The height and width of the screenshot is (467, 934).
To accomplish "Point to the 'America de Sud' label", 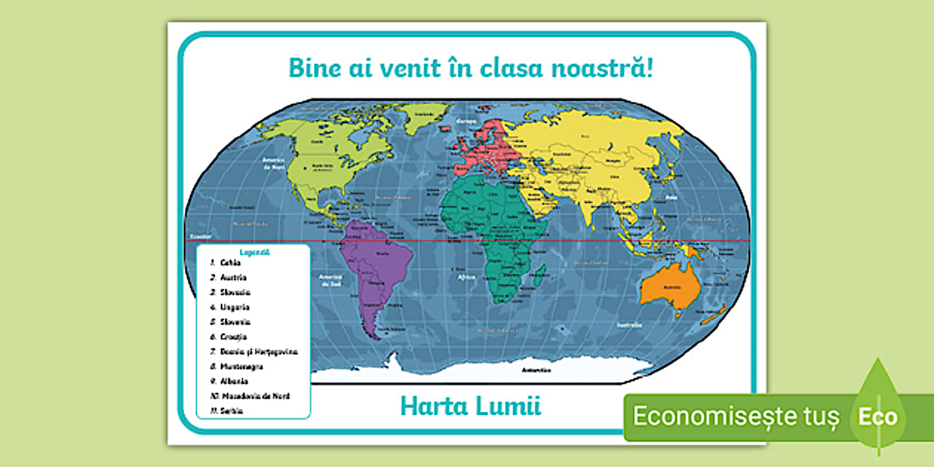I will (x=329, y=280).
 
